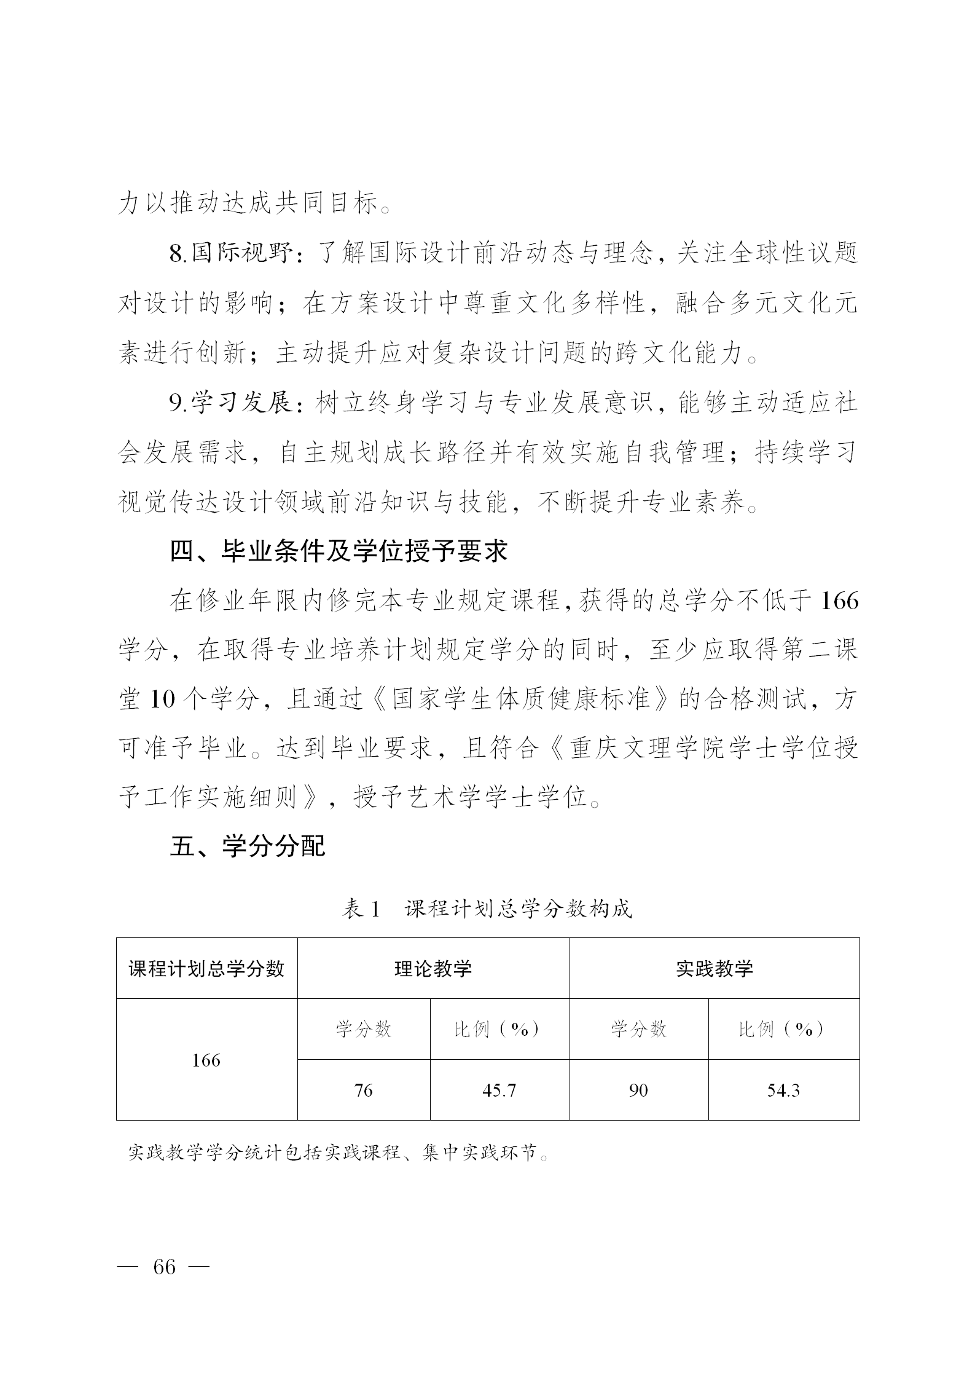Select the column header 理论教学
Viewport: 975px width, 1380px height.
[x=433, y=969]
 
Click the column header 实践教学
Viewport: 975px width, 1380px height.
[x=714, y=969]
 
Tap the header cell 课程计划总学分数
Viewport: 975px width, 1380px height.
[x=206, y=969]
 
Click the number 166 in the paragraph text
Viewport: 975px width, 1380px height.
[x=839, y=601]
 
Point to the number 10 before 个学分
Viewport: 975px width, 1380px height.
[x=162, y=700]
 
